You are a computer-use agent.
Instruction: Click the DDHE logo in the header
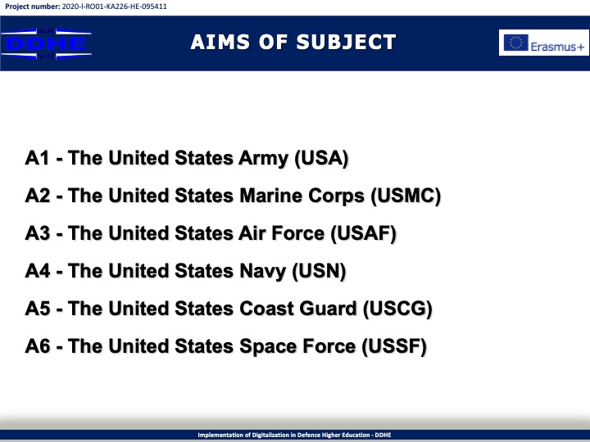pyautogui.click(x=46, y=43)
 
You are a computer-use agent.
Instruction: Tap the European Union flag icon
pyautogui.click(x=516, y=43)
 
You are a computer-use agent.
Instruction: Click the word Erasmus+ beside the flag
pyautogui.click(x=558, y=47)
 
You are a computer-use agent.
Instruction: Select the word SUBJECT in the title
pyautogui.click(x=346, y=42)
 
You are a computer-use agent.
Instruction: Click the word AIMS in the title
pyautogui.click(x=220, y=42)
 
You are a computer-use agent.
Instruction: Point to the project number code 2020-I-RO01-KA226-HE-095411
pyautogui.click(x=115, y=7)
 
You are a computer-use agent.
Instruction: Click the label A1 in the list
pyautogui.click(x=37, y=157)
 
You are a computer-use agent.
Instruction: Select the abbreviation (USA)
pyautogui.click(x=321, y=158)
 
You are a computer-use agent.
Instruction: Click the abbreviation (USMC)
pyautogui.click(x=406, y=196)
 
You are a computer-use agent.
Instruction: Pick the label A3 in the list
pyautogui.click(x=37, y=233)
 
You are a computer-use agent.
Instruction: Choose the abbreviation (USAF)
pyautogui.click(x=364, y=233)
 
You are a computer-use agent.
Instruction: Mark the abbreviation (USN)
pyautogui.click(x=319, y=271)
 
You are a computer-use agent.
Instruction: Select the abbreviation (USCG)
pyautogui.click(x=397, y=309)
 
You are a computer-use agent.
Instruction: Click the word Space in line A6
pyautogui.click(x=268, y=346)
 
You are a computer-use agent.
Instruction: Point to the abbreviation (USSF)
pyautogui.click(x=394, y=346)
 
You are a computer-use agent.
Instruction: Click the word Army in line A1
pyautogui.click(x=263, y=158)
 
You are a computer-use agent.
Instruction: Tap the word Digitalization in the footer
pyautogui.click(x=270, y=435)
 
